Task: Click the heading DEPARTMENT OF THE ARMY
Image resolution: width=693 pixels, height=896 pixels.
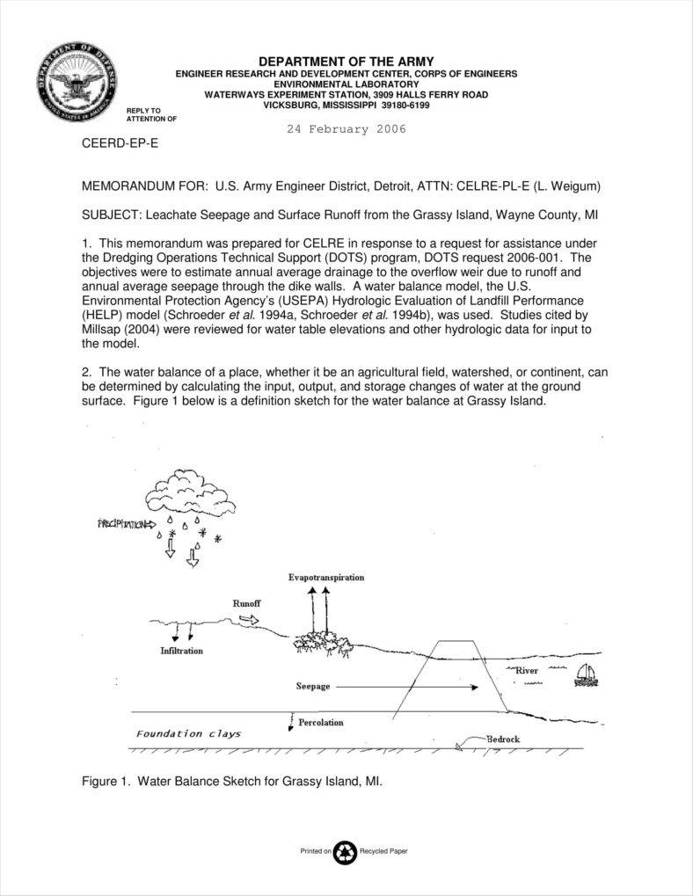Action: (x=346, y=61)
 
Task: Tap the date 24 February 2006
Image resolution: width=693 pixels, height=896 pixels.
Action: (x=346, y=129)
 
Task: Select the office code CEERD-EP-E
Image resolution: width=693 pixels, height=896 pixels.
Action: (x=120, y=142)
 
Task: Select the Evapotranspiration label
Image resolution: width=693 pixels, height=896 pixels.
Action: (x=325, y=578)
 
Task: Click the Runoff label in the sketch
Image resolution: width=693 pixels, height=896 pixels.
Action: (x=246, y=604)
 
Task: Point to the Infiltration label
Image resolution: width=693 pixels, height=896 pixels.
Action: (x=181, y=651)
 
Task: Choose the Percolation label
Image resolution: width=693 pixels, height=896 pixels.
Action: (x=321, y=723)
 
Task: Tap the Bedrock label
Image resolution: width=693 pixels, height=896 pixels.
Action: (x=503, y=739)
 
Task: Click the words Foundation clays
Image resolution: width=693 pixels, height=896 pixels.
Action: (x=188, y=733)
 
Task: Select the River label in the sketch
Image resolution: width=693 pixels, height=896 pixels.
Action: (x=526, y=671)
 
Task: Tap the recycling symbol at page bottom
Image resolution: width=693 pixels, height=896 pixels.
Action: (x=346, y=851)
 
